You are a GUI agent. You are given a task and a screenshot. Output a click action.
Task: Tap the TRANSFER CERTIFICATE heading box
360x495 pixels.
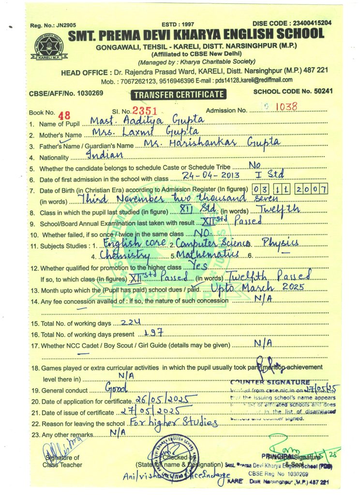coord(179,95)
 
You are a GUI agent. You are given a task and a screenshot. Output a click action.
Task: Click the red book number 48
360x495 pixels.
coord(64,115)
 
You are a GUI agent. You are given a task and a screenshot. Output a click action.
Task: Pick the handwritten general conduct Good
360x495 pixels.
coord(117,388)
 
